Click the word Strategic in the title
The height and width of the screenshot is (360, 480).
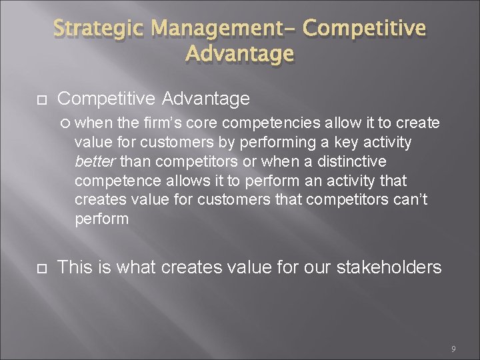click(100, 29)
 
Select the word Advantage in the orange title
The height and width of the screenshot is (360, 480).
click(239, 53)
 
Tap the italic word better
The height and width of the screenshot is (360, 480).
click(94, 161)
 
